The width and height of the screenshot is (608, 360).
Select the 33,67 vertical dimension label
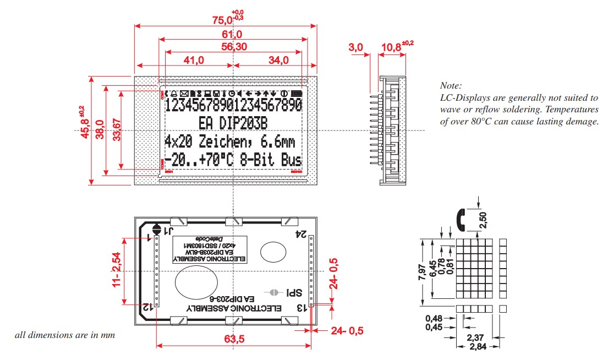(116, 130)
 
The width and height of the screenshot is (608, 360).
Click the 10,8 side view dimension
(391, 47)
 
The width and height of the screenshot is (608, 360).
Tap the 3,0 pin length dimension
(356, 47)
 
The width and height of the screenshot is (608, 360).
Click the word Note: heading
(451, 86)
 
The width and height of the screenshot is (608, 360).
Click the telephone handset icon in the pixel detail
(461, 219)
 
